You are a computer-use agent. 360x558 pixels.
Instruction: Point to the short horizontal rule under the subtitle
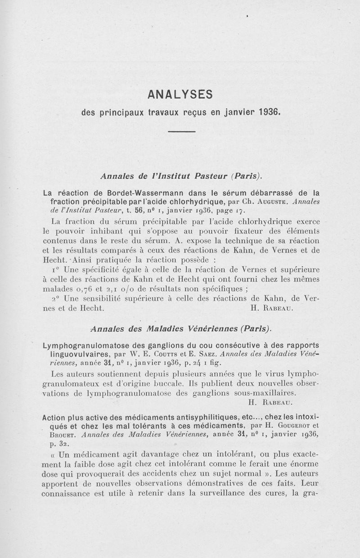click(x=181, y=132)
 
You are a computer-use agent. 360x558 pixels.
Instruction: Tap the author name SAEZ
click(x=212, y=354)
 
